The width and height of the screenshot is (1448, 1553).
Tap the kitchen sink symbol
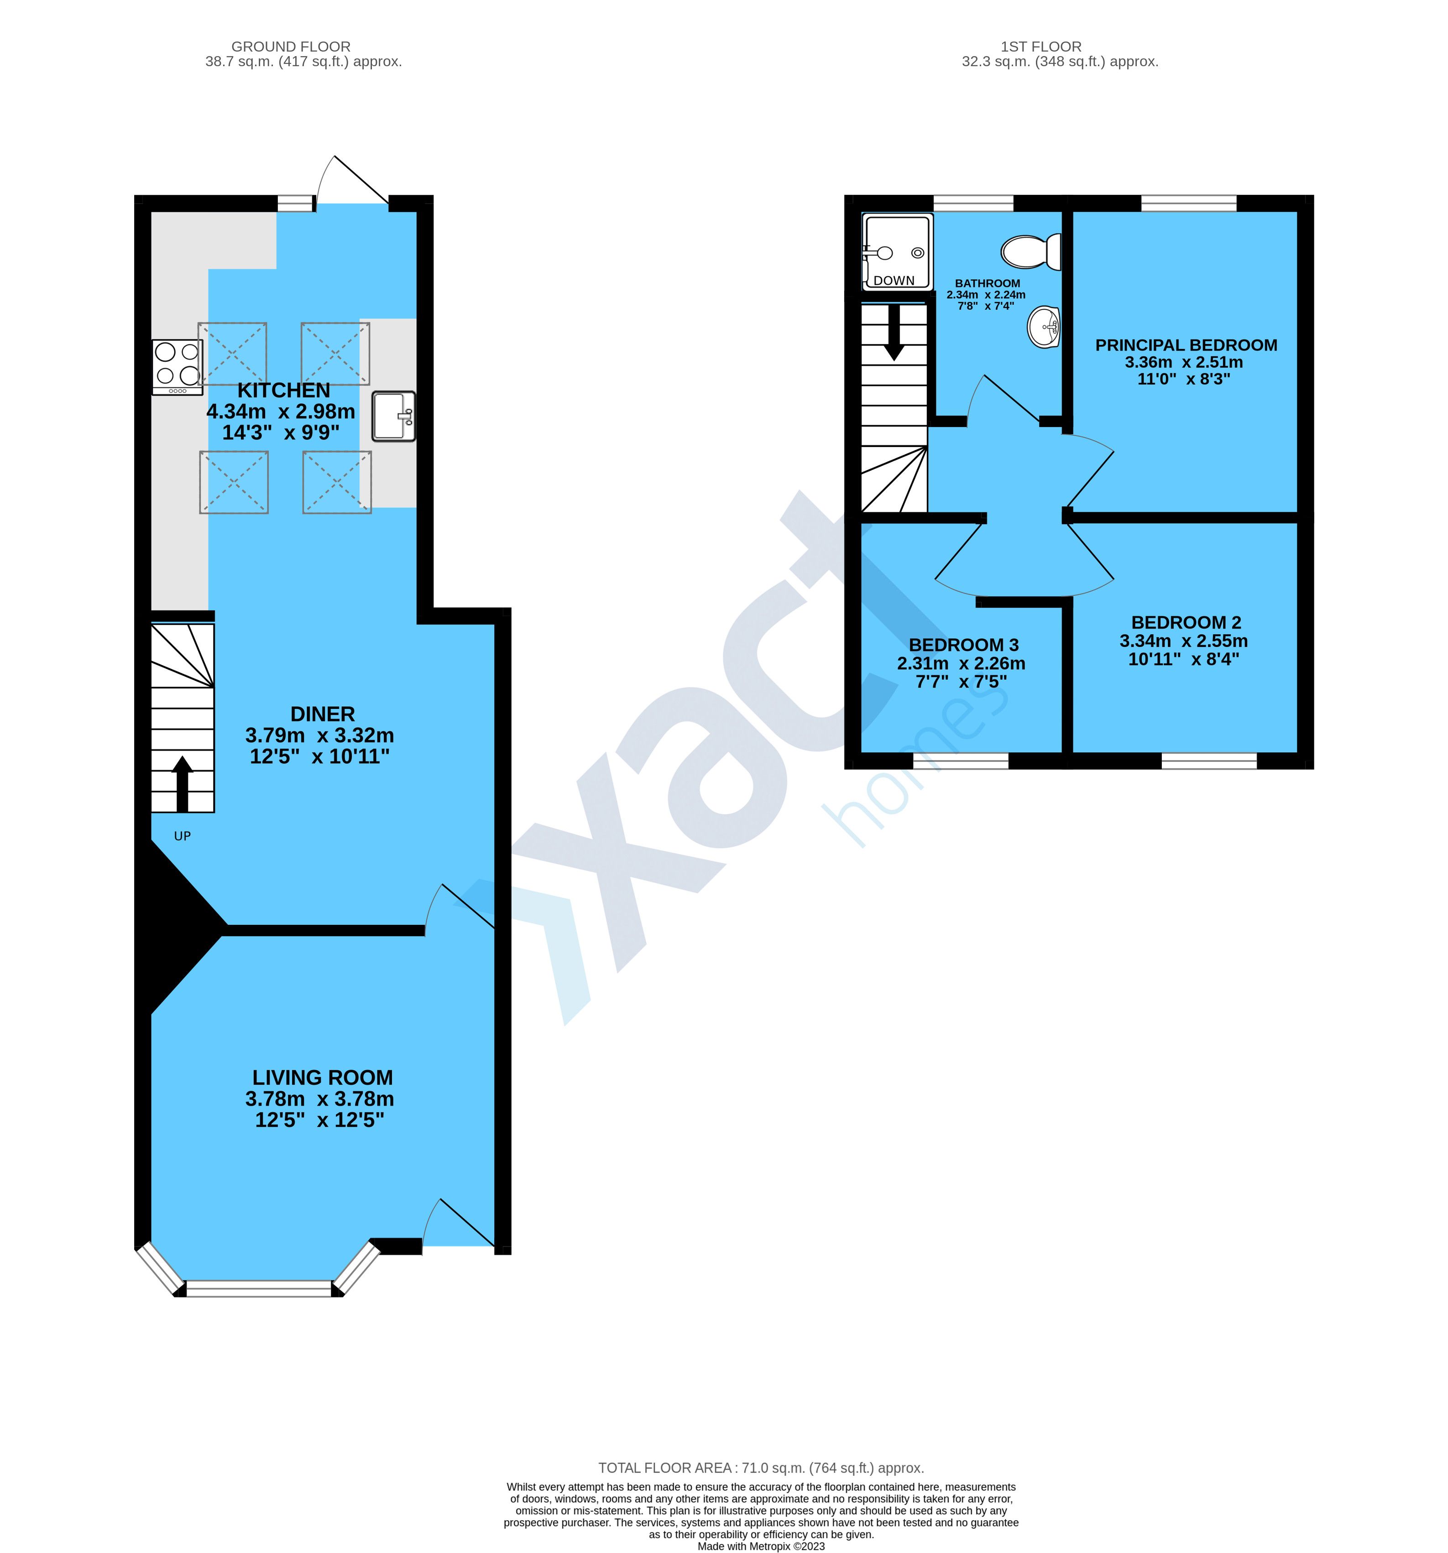[393, 416]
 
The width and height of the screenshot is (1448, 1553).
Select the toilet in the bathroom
[1030, 251]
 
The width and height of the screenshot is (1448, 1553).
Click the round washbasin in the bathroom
[1043, 327]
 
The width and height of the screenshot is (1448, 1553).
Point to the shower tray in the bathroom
[897, 251]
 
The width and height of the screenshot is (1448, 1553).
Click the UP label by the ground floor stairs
[182, 836]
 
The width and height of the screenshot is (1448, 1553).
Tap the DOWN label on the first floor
[894, 281]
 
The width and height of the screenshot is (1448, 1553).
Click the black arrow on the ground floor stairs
[183, 783]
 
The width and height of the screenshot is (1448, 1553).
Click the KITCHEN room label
[284, 390]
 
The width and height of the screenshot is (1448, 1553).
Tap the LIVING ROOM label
[322, 1077]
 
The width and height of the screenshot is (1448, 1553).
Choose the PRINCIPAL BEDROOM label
[1186, 344]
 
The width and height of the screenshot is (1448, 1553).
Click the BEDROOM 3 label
[963, 645]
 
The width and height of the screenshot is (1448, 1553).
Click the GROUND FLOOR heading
[291, 47]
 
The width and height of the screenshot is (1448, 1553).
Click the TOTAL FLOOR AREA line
[760, 1468]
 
